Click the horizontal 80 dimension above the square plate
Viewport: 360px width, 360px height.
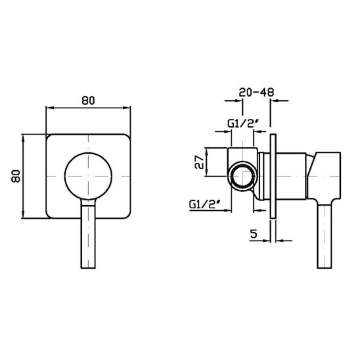pyautogui.click(x=88, y=101)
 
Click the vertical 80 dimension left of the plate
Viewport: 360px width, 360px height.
pyautogui.click(x=16, y=176)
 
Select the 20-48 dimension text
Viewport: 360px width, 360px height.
pyautogui.click(x=256, y=92)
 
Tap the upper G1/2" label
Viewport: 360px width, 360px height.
pyautogui.click(x=243, y=124)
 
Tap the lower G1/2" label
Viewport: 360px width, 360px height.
pyautogui.click(x=205, y=204)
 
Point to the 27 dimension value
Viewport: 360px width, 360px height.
pyautogui.click(x=199, y=162)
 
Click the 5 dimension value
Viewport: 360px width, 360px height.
pyautogui.click(x=254, y=234)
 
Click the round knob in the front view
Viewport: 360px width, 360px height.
pyautogui.click(x=89, y=176)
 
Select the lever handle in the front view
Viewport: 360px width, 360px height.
pyautogui.click(x=88, y=234)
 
